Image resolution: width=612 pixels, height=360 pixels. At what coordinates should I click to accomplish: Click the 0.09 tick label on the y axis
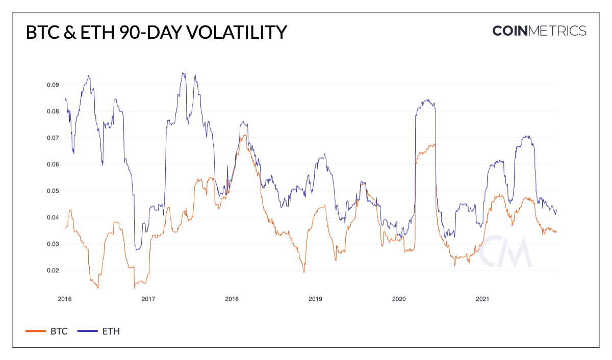(x=53, y=85)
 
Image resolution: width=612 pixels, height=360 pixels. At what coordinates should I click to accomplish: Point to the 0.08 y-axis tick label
(x=53, y=111)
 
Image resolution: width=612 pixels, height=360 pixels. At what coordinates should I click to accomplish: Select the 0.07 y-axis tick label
(x=53, y=138)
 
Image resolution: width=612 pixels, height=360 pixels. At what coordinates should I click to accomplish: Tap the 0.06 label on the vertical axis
(x=53, y=164)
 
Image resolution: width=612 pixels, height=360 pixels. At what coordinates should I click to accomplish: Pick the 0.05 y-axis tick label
(x=53, y=191)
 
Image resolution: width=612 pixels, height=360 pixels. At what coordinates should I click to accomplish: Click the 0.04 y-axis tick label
(x=53, y=217)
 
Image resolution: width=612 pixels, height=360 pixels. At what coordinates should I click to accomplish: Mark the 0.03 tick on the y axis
(x=53, y=244)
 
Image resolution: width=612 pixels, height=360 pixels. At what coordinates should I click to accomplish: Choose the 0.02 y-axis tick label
(x=53, y=270)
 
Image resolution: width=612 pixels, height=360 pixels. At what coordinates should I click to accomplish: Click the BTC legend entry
(x=47, y=331)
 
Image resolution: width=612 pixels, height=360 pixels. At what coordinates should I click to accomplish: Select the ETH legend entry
(x=99, y=331)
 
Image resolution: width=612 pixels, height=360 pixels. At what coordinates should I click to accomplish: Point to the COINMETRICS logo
(x=539, y=31)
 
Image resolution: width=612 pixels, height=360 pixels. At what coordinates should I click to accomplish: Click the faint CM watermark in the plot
(x=507, y=252)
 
